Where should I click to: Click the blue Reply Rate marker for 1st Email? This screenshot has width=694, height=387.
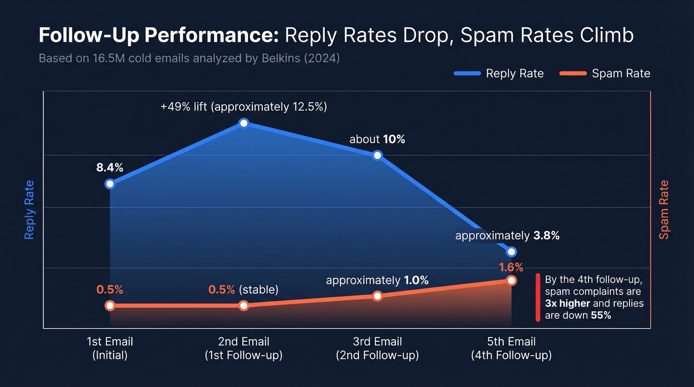point(110,184)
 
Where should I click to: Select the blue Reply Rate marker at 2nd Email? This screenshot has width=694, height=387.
point(243,123)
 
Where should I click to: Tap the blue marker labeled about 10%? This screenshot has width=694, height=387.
point(377,155)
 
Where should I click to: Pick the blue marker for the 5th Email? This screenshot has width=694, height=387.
point(511,252)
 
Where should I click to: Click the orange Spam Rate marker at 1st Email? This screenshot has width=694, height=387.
point(110,306)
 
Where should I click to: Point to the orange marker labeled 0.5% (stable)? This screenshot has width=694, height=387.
point(243,306)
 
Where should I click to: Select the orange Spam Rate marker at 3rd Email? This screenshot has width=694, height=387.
point(377,296)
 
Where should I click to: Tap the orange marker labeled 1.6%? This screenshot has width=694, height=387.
point(511,280)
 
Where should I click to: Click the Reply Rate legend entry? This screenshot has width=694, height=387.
point(499,74)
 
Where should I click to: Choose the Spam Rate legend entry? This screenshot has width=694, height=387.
point(605,74)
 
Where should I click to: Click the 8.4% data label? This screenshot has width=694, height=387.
point(110,167)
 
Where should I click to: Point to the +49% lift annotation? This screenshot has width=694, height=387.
point(243,107)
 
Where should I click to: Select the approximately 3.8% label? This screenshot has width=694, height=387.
point(507,236)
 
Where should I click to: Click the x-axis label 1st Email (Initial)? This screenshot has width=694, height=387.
point(110,348)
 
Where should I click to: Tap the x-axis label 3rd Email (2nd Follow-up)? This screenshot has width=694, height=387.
point(377,348)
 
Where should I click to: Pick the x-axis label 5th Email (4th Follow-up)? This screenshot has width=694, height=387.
point(511,348)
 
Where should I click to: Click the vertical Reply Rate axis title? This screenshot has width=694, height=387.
point(30,210)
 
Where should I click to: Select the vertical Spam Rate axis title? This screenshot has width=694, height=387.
point(664,210)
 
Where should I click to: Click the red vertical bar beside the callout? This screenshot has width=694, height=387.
point(538,297)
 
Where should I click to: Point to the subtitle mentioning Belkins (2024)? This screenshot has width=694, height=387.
point(189,58)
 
